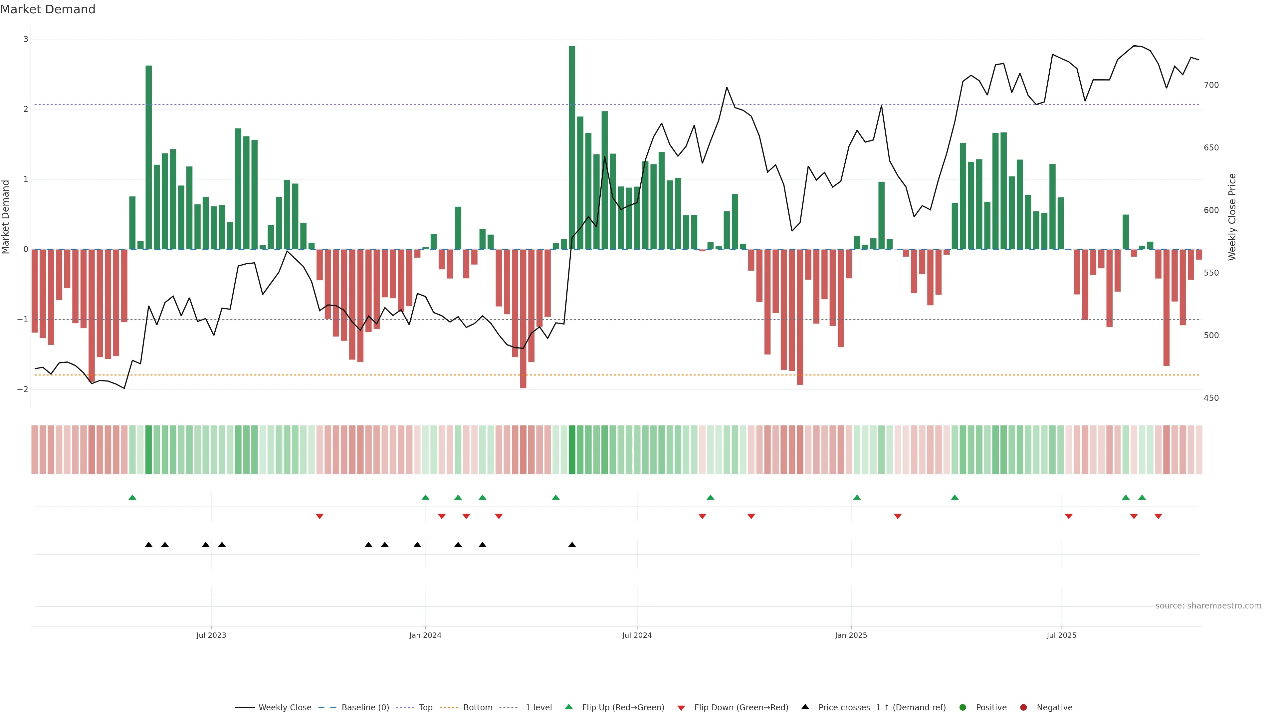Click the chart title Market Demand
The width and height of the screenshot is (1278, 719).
point(48,9)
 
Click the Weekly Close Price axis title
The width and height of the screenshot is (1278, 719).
point(1232,217)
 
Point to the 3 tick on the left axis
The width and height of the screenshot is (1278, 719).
point(25,39)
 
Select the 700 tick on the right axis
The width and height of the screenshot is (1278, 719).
point(1211,85)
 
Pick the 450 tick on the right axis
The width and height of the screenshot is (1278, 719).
point(1211,398)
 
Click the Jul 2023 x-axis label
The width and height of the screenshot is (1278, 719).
point(211,635)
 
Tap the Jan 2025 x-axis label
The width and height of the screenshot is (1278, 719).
point(851,635)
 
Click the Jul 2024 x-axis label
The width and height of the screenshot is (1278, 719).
point(637,635)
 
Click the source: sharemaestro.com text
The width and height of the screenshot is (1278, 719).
point(1208,606)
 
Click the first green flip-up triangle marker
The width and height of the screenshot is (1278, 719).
point(132,497)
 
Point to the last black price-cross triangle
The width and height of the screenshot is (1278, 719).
point(572,545)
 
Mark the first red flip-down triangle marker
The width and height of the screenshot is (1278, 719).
point(319,517)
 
